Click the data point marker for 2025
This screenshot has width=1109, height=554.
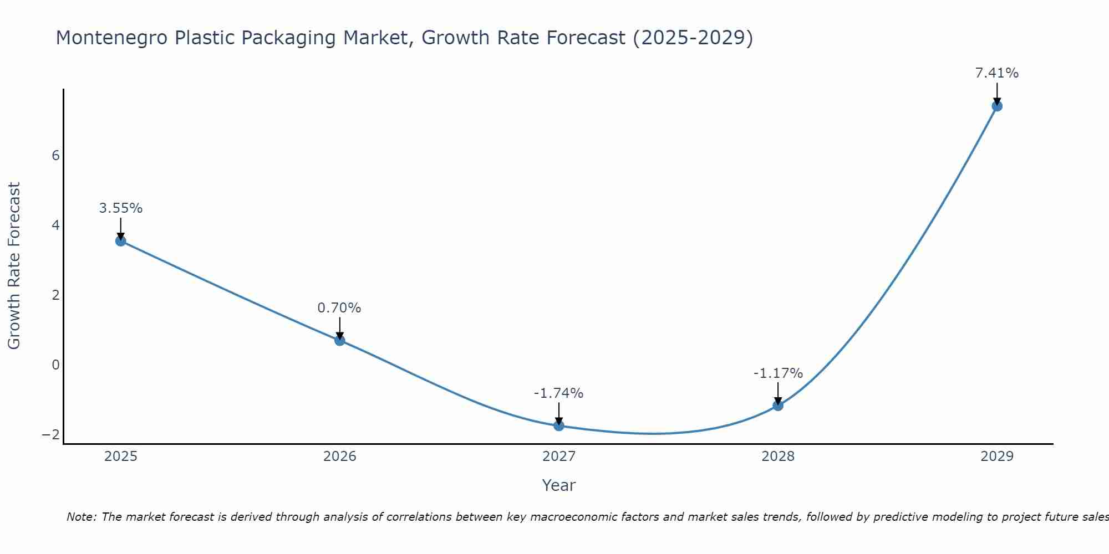pyautogui.click(x=121, y=241)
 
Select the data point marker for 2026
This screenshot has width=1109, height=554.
pyautogui.click(x=340, y=340)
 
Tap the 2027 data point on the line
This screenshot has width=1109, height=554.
pyautogui.click(x=559, y=425)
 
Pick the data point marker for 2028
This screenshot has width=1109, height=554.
pyautogui.click(x=778, y=406)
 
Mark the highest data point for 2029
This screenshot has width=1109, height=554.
pyautogui.click(x=997, y=106)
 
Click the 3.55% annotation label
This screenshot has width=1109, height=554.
pyautogui.click(x=121, y=208)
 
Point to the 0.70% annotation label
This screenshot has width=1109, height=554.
pyautogui.click(x=339, y=308)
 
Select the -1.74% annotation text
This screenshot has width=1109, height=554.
pyautogui.click(x=558, y=393)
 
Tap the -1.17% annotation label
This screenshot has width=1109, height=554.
pyautogui.click(x=778, y=373)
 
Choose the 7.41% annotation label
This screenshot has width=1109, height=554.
pyautogui.click(x=997, y=73)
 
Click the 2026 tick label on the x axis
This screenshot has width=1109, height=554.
pyautogui.click(x=340, y=456)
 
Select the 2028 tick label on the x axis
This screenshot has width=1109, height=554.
pyautogui.click(x=778, y=456)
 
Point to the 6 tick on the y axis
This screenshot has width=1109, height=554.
pyautogui.click(x=55, y=156)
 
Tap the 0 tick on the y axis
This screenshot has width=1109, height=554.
pyautogui.click(x=55, y=365)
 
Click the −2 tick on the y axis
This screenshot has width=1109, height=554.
pyautogui.click(x=50, y=435)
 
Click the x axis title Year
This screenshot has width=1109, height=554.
pyautogui.click(x=559, y=485)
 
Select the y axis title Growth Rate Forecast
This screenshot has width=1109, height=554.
pyautogui.click(x=14, y=266)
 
